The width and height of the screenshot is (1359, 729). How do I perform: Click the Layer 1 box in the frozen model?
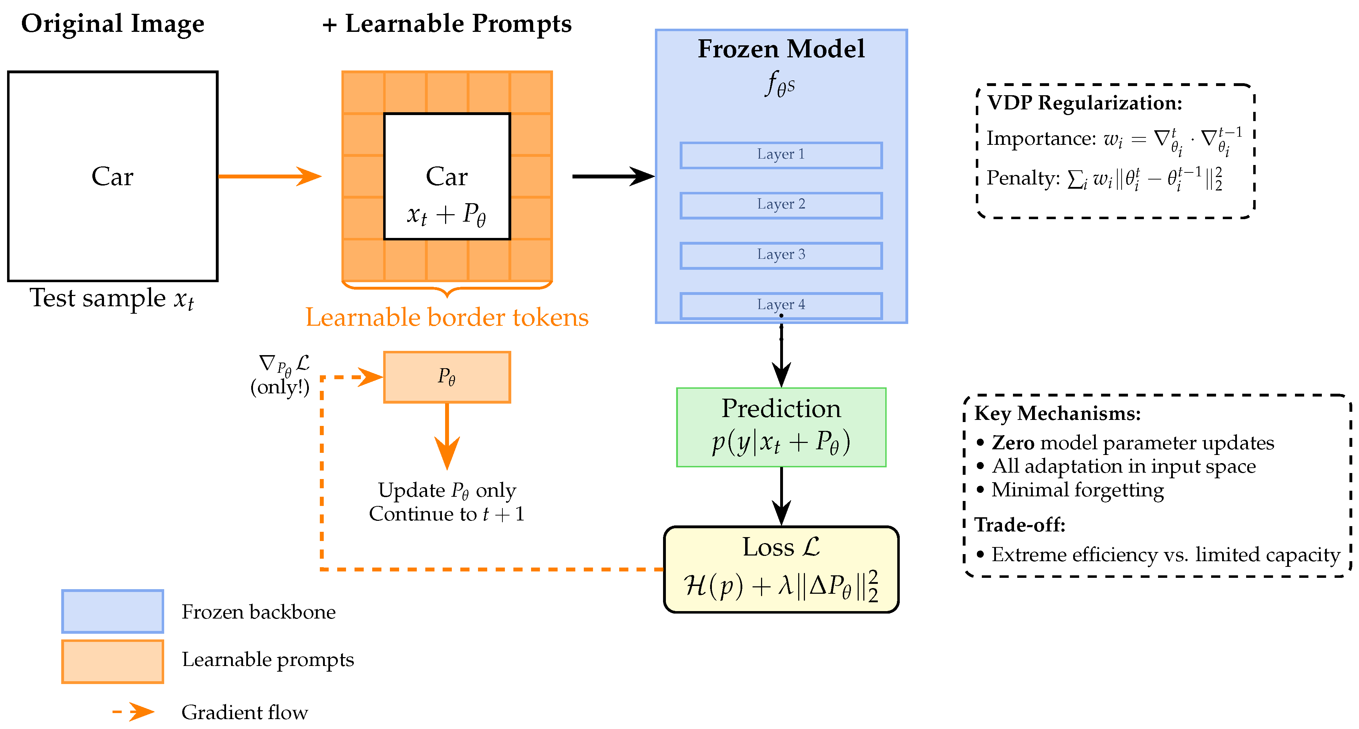click(x=781, y=155)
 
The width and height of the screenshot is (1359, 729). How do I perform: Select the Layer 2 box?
click(x=781, y=205)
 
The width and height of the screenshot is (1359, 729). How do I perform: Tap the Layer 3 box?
click(x=781, y=256)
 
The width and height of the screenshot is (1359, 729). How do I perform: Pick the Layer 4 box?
click(x=781, y=306)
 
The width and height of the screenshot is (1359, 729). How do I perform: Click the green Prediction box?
click(x=781, y=427)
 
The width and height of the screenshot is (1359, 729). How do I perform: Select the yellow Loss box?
click(x=781, y=569)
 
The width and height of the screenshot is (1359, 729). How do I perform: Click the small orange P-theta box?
click(x=447, y=377)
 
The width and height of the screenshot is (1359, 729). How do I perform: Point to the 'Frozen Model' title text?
click(x=781, y=49)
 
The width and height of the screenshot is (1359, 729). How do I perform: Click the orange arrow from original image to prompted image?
click(x=270, y=176)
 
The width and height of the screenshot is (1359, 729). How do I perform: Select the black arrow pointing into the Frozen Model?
click(x=614, y=176)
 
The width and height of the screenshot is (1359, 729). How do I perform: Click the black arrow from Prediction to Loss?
click(x=781, y=496)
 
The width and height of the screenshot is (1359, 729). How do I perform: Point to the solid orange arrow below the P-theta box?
click(x=447, y=437)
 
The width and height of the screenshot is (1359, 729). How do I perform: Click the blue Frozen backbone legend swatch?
click(x=113, y=611)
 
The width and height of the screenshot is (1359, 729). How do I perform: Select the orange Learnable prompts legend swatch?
click(x=113, y=661)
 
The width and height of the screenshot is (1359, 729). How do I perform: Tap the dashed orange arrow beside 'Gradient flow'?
click(x=133, y=712)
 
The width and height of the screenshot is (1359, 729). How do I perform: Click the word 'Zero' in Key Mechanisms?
click(x=1013, y=442)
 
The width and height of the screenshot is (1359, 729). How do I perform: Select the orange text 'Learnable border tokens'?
click(x=447, y=317)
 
